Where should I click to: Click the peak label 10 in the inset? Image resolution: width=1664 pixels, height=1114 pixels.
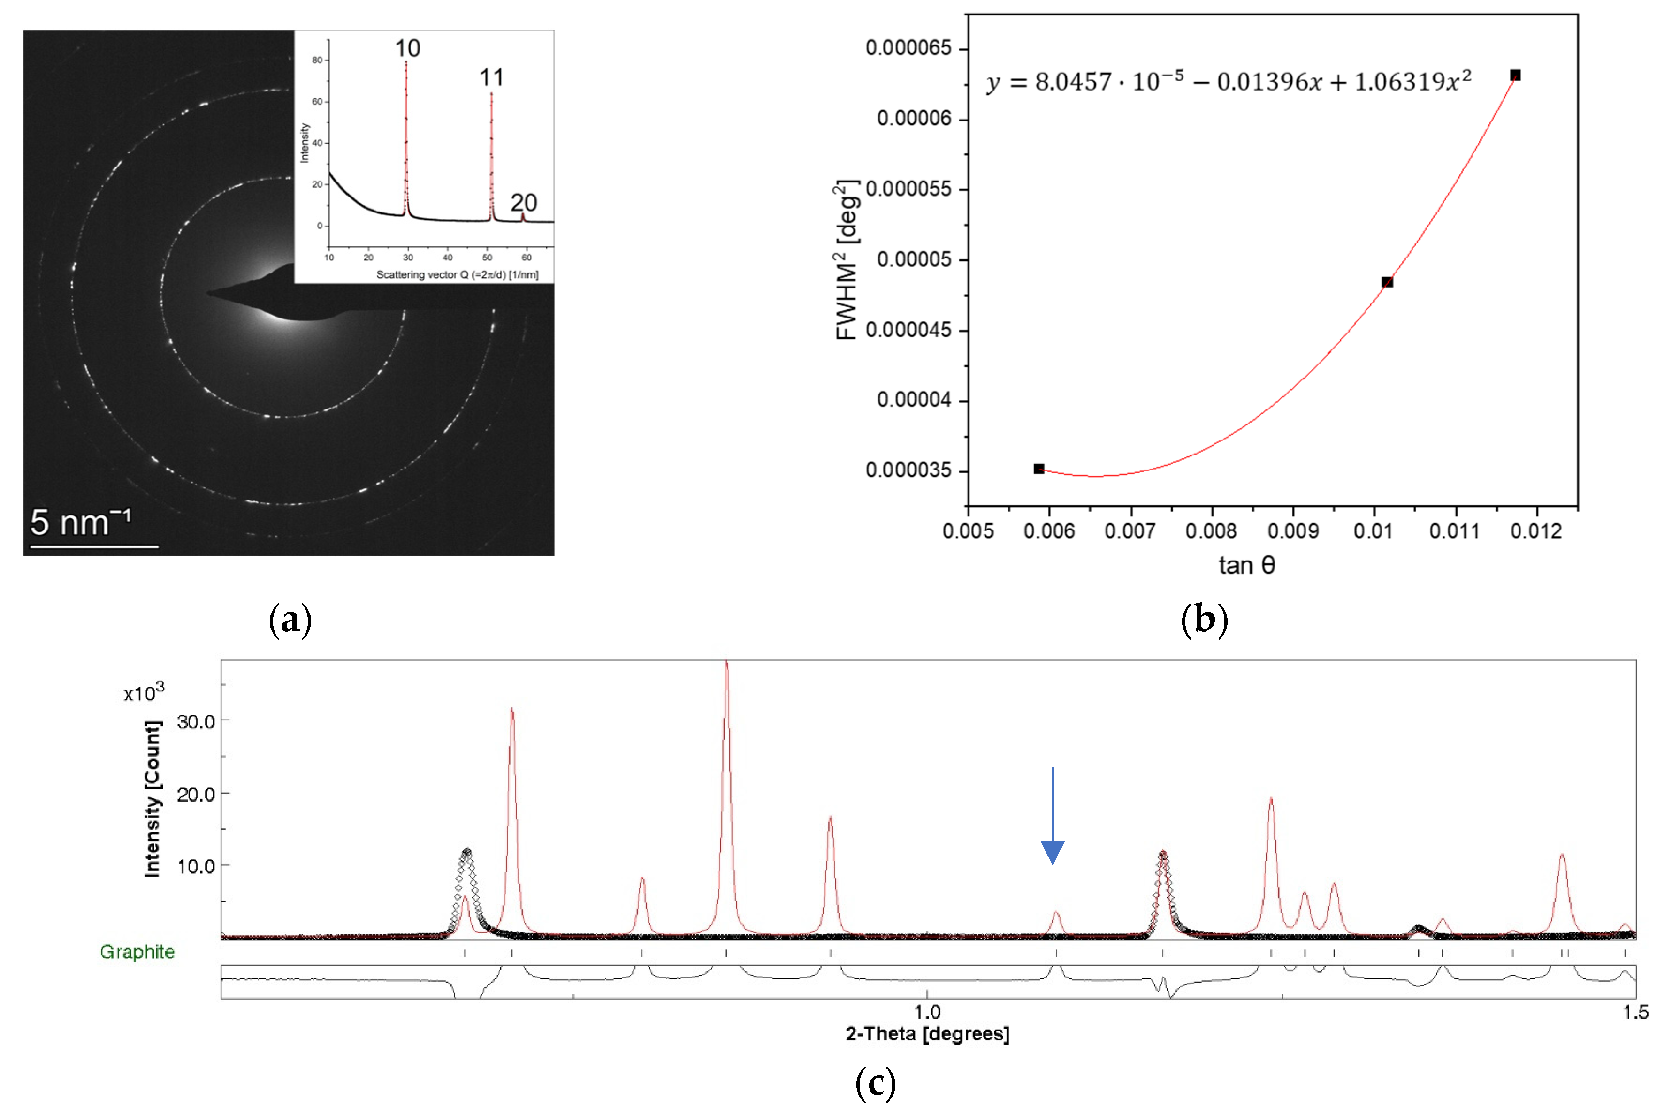(x=407, y=48)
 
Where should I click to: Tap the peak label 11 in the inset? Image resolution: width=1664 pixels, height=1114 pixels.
(x=491, y=77)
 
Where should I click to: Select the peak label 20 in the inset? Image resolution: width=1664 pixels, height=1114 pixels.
(x=523, y=203)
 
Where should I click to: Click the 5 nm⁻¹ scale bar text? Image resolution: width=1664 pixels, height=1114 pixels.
(x=80, y=523)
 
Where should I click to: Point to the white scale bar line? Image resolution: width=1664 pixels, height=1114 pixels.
(x=94, y=546)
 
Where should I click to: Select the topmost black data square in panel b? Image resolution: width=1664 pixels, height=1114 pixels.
(x=1515, y=76)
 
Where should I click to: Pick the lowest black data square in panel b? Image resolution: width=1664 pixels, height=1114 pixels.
(x=1038, y=469)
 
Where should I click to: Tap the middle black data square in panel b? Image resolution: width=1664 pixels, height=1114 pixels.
(x=1386, y=282)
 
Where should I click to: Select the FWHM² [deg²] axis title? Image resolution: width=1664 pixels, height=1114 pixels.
(x=847, y=260)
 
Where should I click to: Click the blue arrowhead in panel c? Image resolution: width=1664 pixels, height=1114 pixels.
(x=1052, y=852)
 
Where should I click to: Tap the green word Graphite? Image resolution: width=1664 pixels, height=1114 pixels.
(x=137, y=952)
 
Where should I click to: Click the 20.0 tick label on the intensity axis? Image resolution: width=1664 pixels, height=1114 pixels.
(x=196, y=794)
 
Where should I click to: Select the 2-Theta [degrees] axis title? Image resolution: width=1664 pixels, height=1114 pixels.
(x=927, y=1034)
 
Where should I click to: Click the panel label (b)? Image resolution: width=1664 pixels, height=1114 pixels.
(x=1204, y=620)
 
